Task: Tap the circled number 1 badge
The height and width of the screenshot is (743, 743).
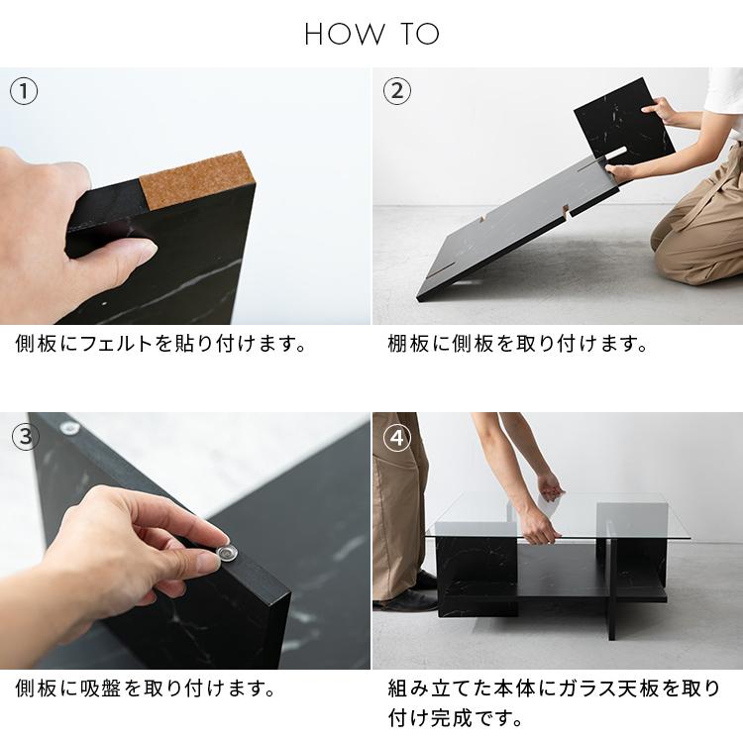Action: point(24,92)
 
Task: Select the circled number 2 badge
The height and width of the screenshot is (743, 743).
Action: point(396,92)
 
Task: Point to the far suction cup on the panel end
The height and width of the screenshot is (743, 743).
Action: point(70,429)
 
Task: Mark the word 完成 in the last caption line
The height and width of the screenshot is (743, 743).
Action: point(453,716)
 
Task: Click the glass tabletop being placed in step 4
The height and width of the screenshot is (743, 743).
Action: point(594,515)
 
